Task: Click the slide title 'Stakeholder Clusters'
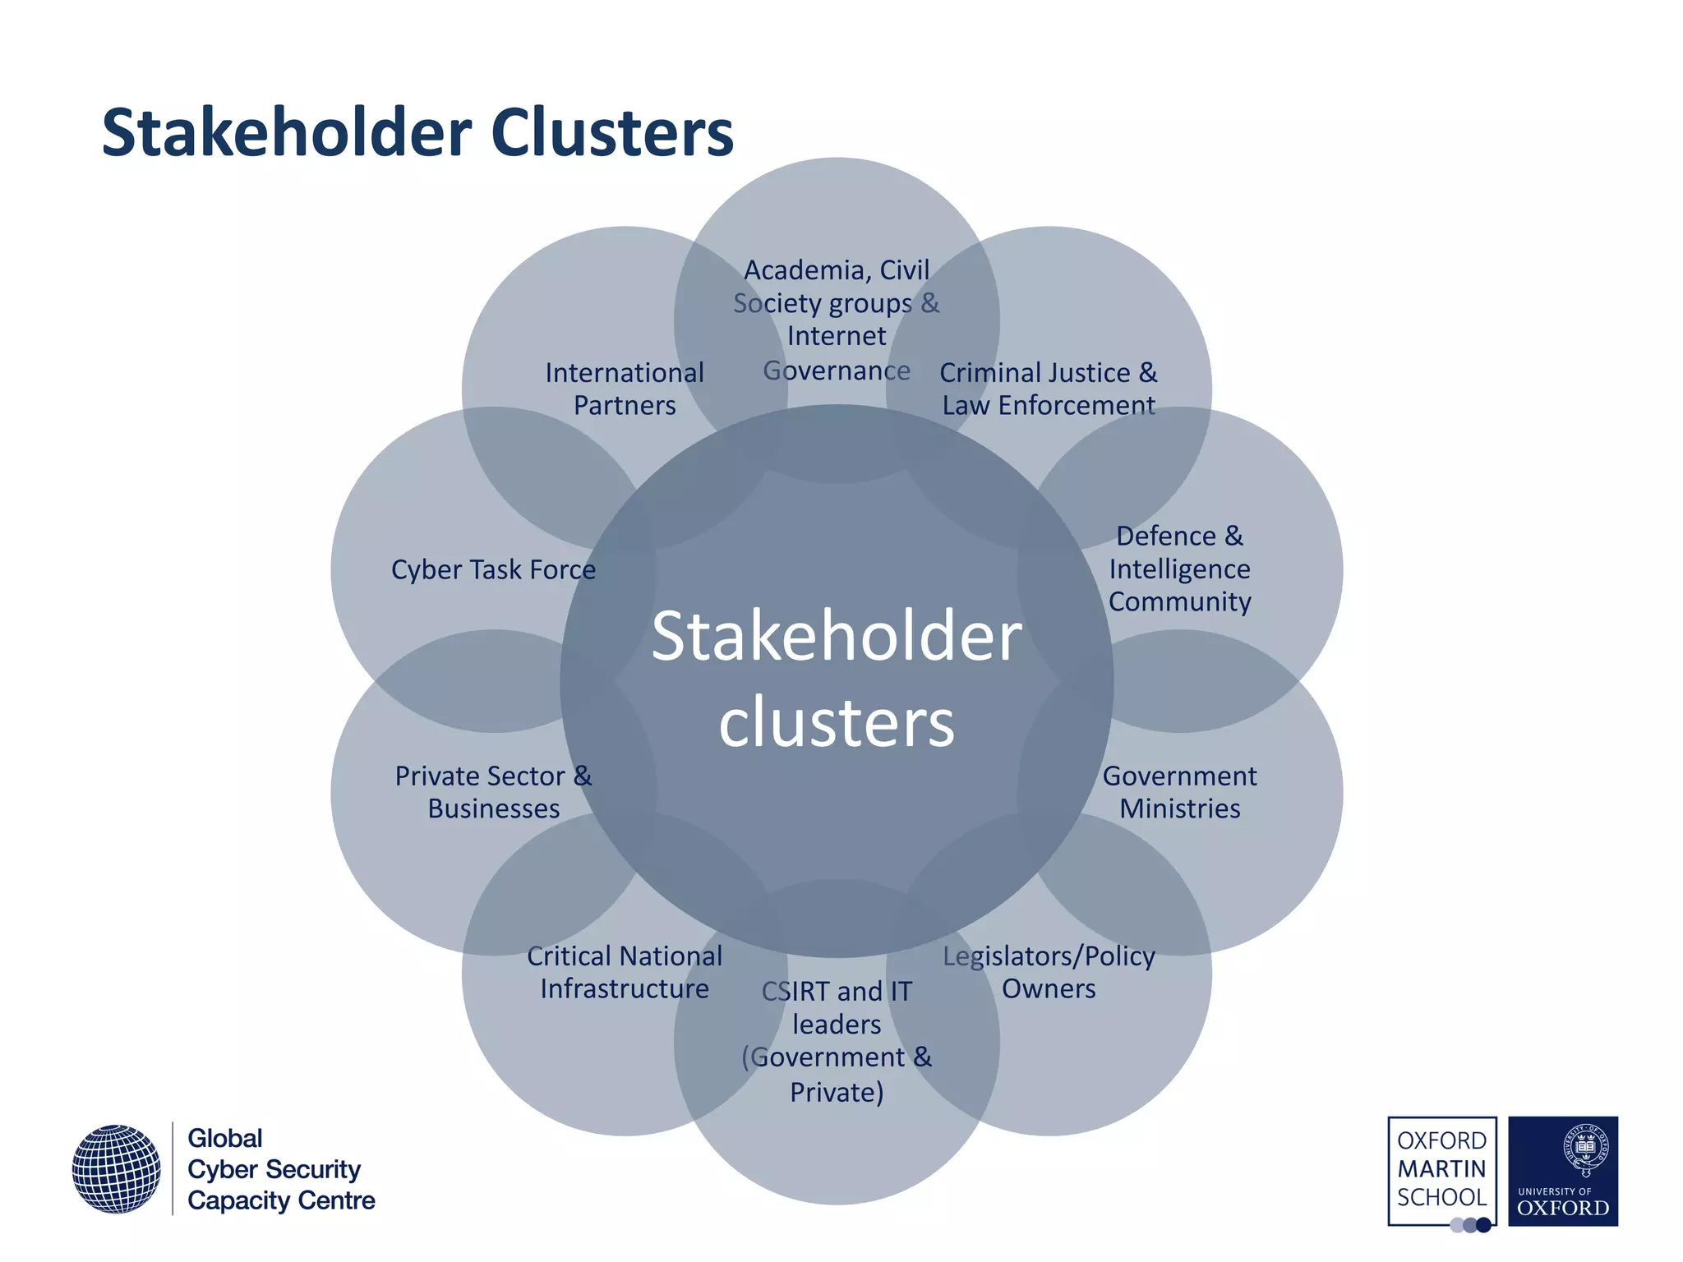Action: click(417, 133)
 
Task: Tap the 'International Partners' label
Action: click(625, 389)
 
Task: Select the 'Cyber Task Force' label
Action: click(493, 569)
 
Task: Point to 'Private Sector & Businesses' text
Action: click(493, 792)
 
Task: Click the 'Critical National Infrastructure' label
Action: click(625, 972)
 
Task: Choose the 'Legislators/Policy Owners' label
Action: click(1049, 972)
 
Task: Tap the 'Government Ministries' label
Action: click(1179, 792)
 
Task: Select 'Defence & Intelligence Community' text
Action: click(1179, 569)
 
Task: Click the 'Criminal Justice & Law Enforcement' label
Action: click(1049, 389)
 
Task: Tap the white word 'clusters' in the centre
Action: click(837, 722)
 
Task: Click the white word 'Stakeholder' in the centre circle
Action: click(837, 635)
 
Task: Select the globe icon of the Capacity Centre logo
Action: click(116, 1168)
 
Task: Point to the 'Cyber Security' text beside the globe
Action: click(274, 1169)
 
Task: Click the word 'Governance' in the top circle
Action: click(837, 371)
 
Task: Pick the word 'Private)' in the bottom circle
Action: click(837, 1092)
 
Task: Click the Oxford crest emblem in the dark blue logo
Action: click(1585, 1149)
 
